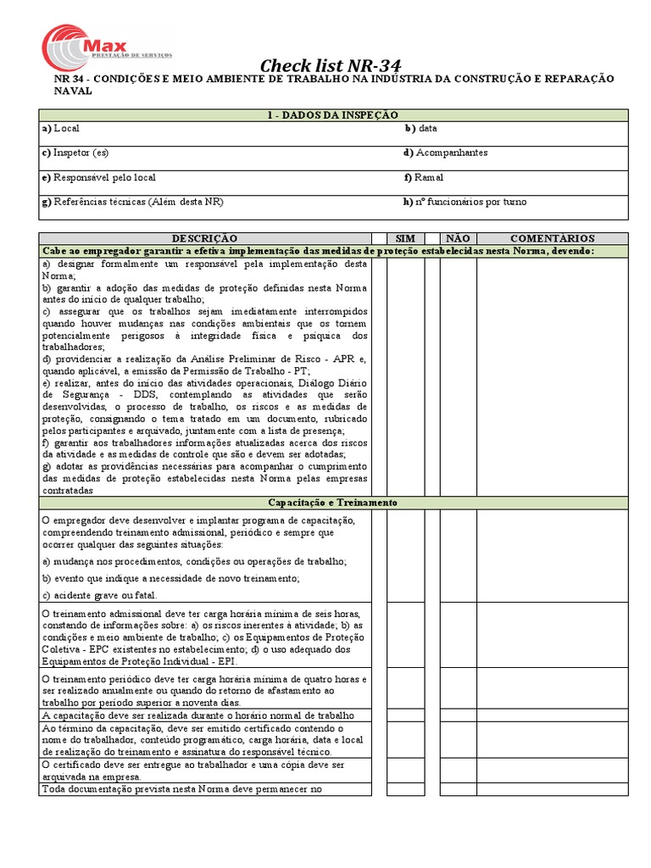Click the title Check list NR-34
point(330,66)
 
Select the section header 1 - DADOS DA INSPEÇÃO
point(332,114)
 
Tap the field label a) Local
point(61,128)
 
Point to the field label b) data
point(420,128)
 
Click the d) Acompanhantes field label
point(445,153)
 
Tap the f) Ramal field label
point(424,177)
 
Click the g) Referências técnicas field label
point(132,202)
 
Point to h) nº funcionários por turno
point(465,202)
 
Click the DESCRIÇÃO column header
point(205,239)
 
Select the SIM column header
point(405,239)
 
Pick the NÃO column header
point(458,239)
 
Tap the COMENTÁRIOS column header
point(552,239)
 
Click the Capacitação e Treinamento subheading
point(332,503)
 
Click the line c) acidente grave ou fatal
point(99,595)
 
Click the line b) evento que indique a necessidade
point(170,578)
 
